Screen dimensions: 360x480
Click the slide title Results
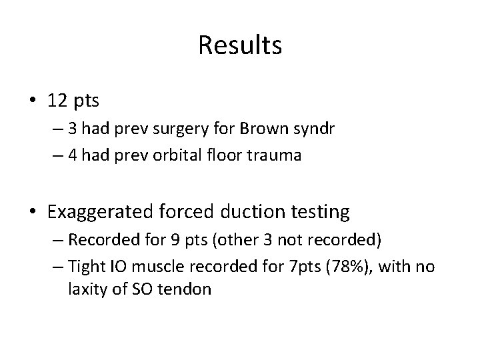click(240, 46)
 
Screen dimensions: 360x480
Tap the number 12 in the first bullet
click(57, 101)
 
